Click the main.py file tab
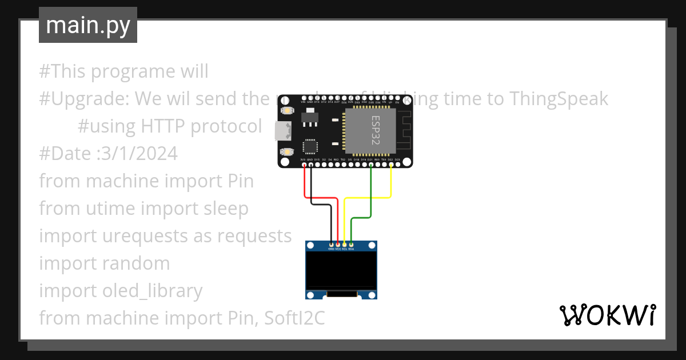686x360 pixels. tap(87, 25)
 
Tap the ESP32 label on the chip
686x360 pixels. tap(375, 130)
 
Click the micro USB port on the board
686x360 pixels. tap(281, 131)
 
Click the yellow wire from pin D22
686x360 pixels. tap(391, 183)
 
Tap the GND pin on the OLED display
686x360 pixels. tap(331, 244)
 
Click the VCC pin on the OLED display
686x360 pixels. tap(338, 244)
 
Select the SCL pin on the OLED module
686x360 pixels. tap(345, 244)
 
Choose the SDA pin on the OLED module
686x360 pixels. tap(351, 244)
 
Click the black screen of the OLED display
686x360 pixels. tap(342, 271)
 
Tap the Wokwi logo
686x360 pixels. tap(607, 315)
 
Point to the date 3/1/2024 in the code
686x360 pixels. tap(134, 154)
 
